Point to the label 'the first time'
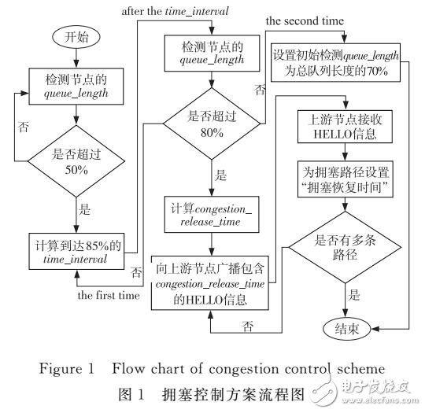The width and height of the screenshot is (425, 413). pos(108,296)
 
